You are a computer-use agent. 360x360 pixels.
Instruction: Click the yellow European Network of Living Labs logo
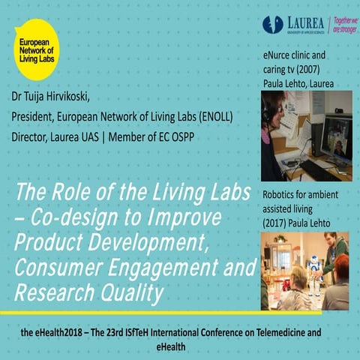pos(36,46)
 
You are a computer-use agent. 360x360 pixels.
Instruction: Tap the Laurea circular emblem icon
pos(273,24)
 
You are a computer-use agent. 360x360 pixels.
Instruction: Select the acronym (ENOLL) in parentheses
pos(212,117)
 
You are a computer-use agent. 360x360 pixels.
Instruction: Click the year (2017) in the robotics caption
pos(274,223)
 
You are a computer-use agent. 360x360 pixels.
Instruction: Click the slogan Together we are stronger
pos(344,25)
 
